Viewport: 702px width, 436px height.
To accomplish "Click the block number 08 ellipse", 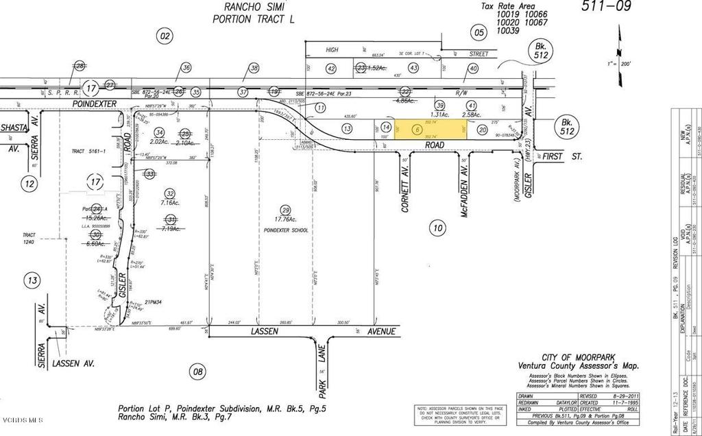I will click(x=198, y=372).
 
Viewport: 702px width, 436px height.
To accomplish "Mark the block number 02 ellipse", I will click(x=164, y=36).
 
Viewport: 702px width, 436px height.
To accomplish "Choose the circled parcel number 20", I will click(x=482, y=129).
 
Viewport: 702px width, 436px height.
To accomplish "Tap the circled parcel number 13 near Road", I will click(x=348, y=128).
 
